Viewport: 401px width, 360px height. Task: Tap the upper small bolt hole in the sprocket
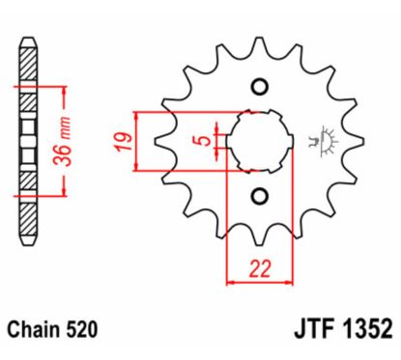(x=258, y=89)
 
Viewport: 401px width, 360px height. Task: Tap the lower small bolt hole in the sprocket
(x=258, y=197)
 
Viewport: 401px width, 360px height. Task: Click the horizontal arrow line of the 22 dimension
(x=259, y=284)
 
